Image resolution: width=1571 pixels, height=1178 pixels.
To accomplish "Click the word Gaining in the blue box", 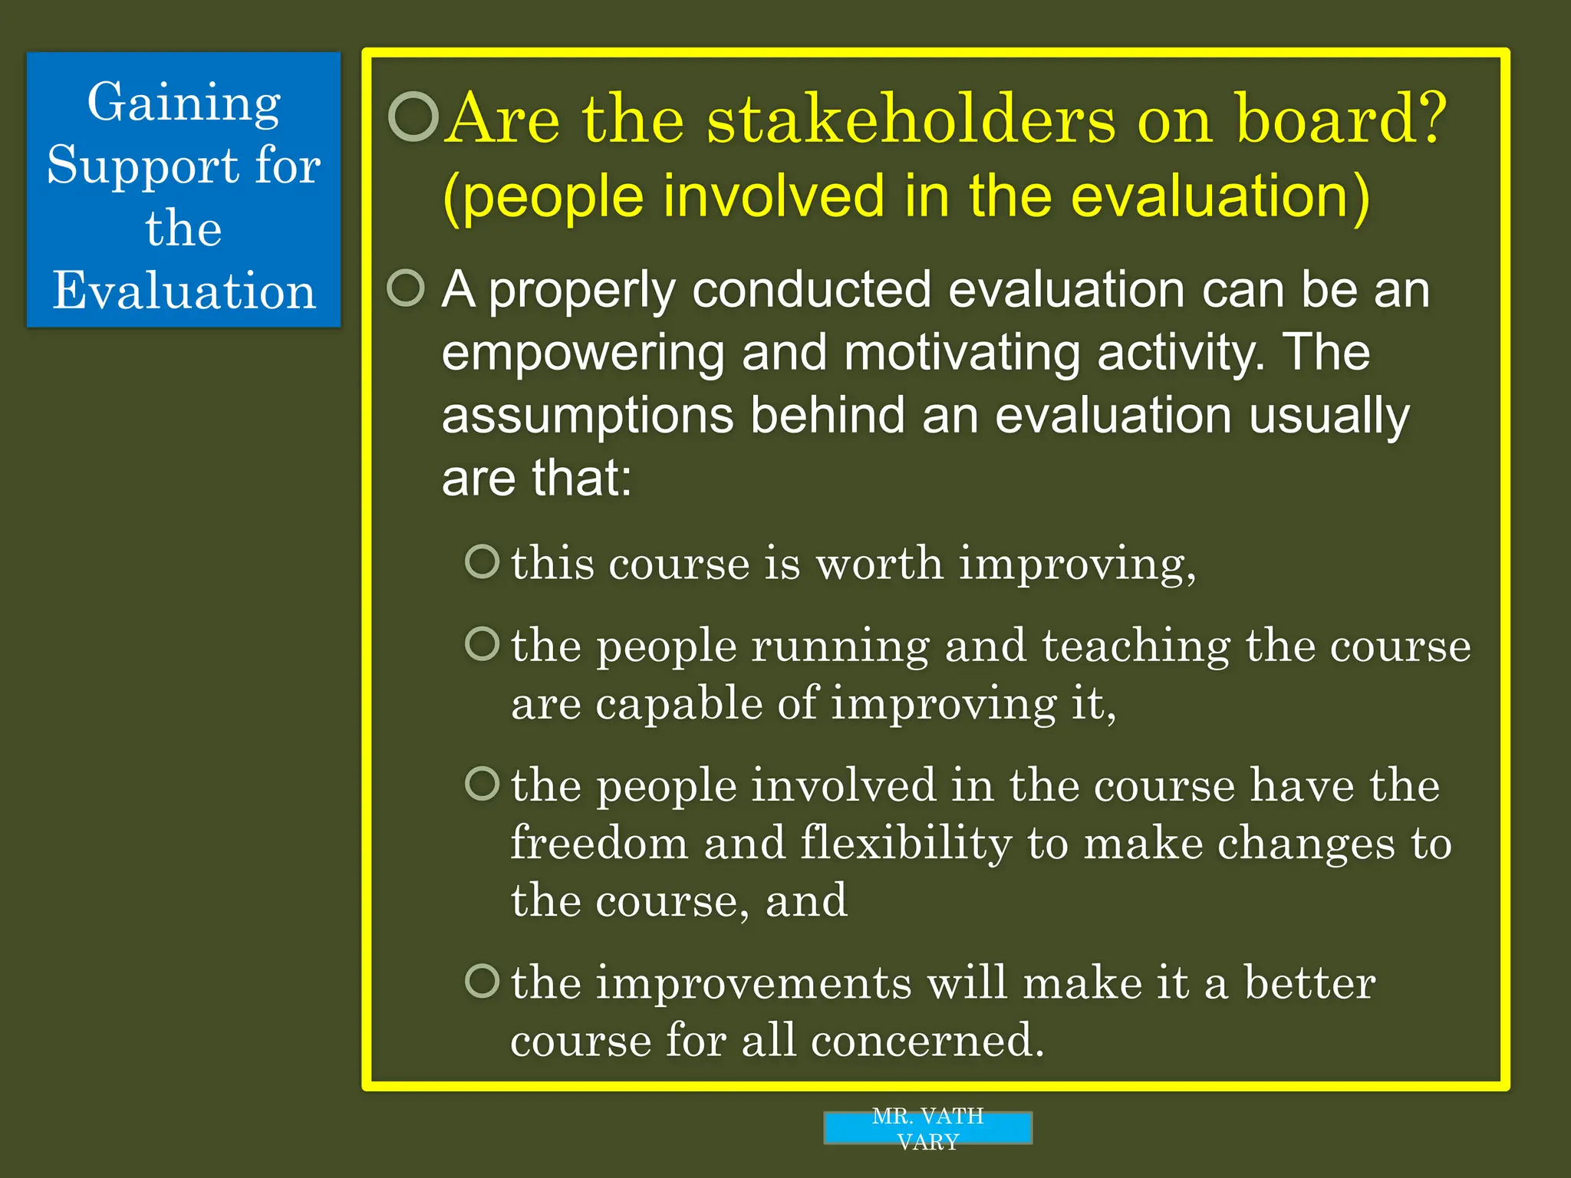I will click(x=183, y=103).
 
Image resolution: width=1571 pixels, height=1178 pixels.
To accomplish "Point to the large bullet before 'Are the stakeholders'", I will click(x=413, y=117).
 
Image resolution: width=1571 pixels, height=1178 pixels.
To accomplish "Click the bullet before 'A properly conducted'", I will click(x=406, y=288).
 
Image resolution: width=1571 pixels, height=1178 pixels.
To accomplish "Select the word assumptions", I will click(x=588, y=416).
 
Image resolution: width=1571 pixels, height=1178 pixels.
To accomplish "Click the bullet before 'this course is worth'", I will click(x=482, y=561).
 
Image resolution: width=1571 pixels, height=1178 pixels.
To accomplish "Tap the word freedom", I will click(x=599, y=843).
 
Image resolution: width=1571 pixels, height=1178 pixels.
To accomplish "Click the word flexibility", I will click(x=906, y=843).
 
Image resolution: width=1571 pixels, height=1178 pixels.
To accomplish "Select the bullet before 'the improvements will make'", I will click(x=482, y=981).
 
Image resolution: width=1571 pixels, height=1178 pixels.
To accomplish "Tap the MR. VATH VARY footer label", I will click(x=927, y=1128).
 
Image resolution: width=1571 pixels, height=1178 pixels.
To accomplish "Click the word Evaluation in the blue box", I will click(x=184, y=291).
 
